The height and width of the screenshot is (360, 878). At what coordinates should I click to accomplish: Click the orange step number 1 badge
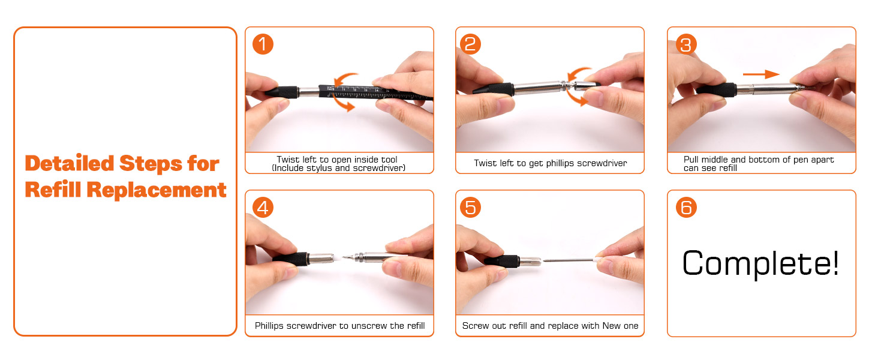pyautogui.click(x=263, y=44)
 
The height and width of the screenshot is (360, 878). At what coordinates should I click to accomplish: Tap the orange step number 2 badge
pyautogui.click(x=470, y=44)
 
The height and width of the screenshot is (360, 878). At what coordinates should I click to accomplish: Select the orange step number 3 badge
pyautogui.click(x=686, y=44)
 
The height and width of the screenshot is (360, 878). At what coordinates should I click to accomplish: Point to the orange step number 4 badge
pyautogui.click(x=263, y=208)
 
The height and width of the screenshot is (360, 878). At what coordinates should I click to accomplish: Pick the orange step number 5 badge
pyautogui.click(x=470, y=208)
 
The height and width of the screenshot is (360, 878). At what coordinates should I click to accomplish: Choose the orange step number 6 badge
pyautogui.click(x=686, y=208)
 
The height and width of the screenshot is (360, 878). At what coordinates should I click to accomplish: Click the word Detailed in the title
pyautogui.click(x=70, y=164)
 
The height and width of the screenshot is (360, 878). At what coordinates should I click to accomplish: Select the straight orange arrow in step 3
pyautogui.click(x=761, y=74)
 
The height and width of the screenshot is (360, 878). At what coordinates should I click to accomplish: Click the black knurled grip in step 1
pyautogui.click(x=282, y=92)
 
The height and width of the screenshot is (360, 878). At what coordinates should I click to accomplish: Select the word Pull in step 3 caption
pyautogui.click(x=691, y=160)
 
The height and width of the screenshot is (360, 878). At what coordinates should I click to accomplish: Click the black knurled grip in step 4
pyautogui.click(x=292, y=259)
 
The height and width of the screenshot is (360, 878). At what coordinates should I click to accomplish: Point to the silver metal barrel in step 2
pyautogui.click(x=539, y=88)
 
